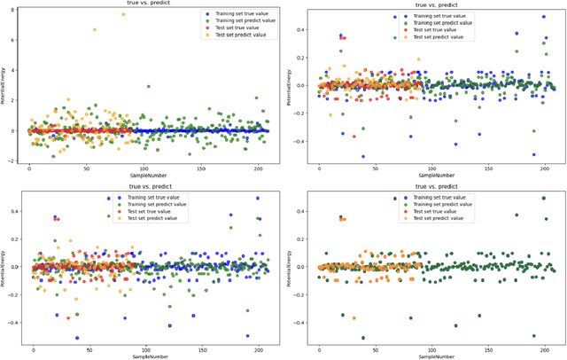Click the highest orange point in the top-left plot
coord(123,14)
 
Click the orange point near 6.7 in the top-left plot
coord(95,29)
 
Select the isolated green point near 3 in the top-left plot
coord(148,86)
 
